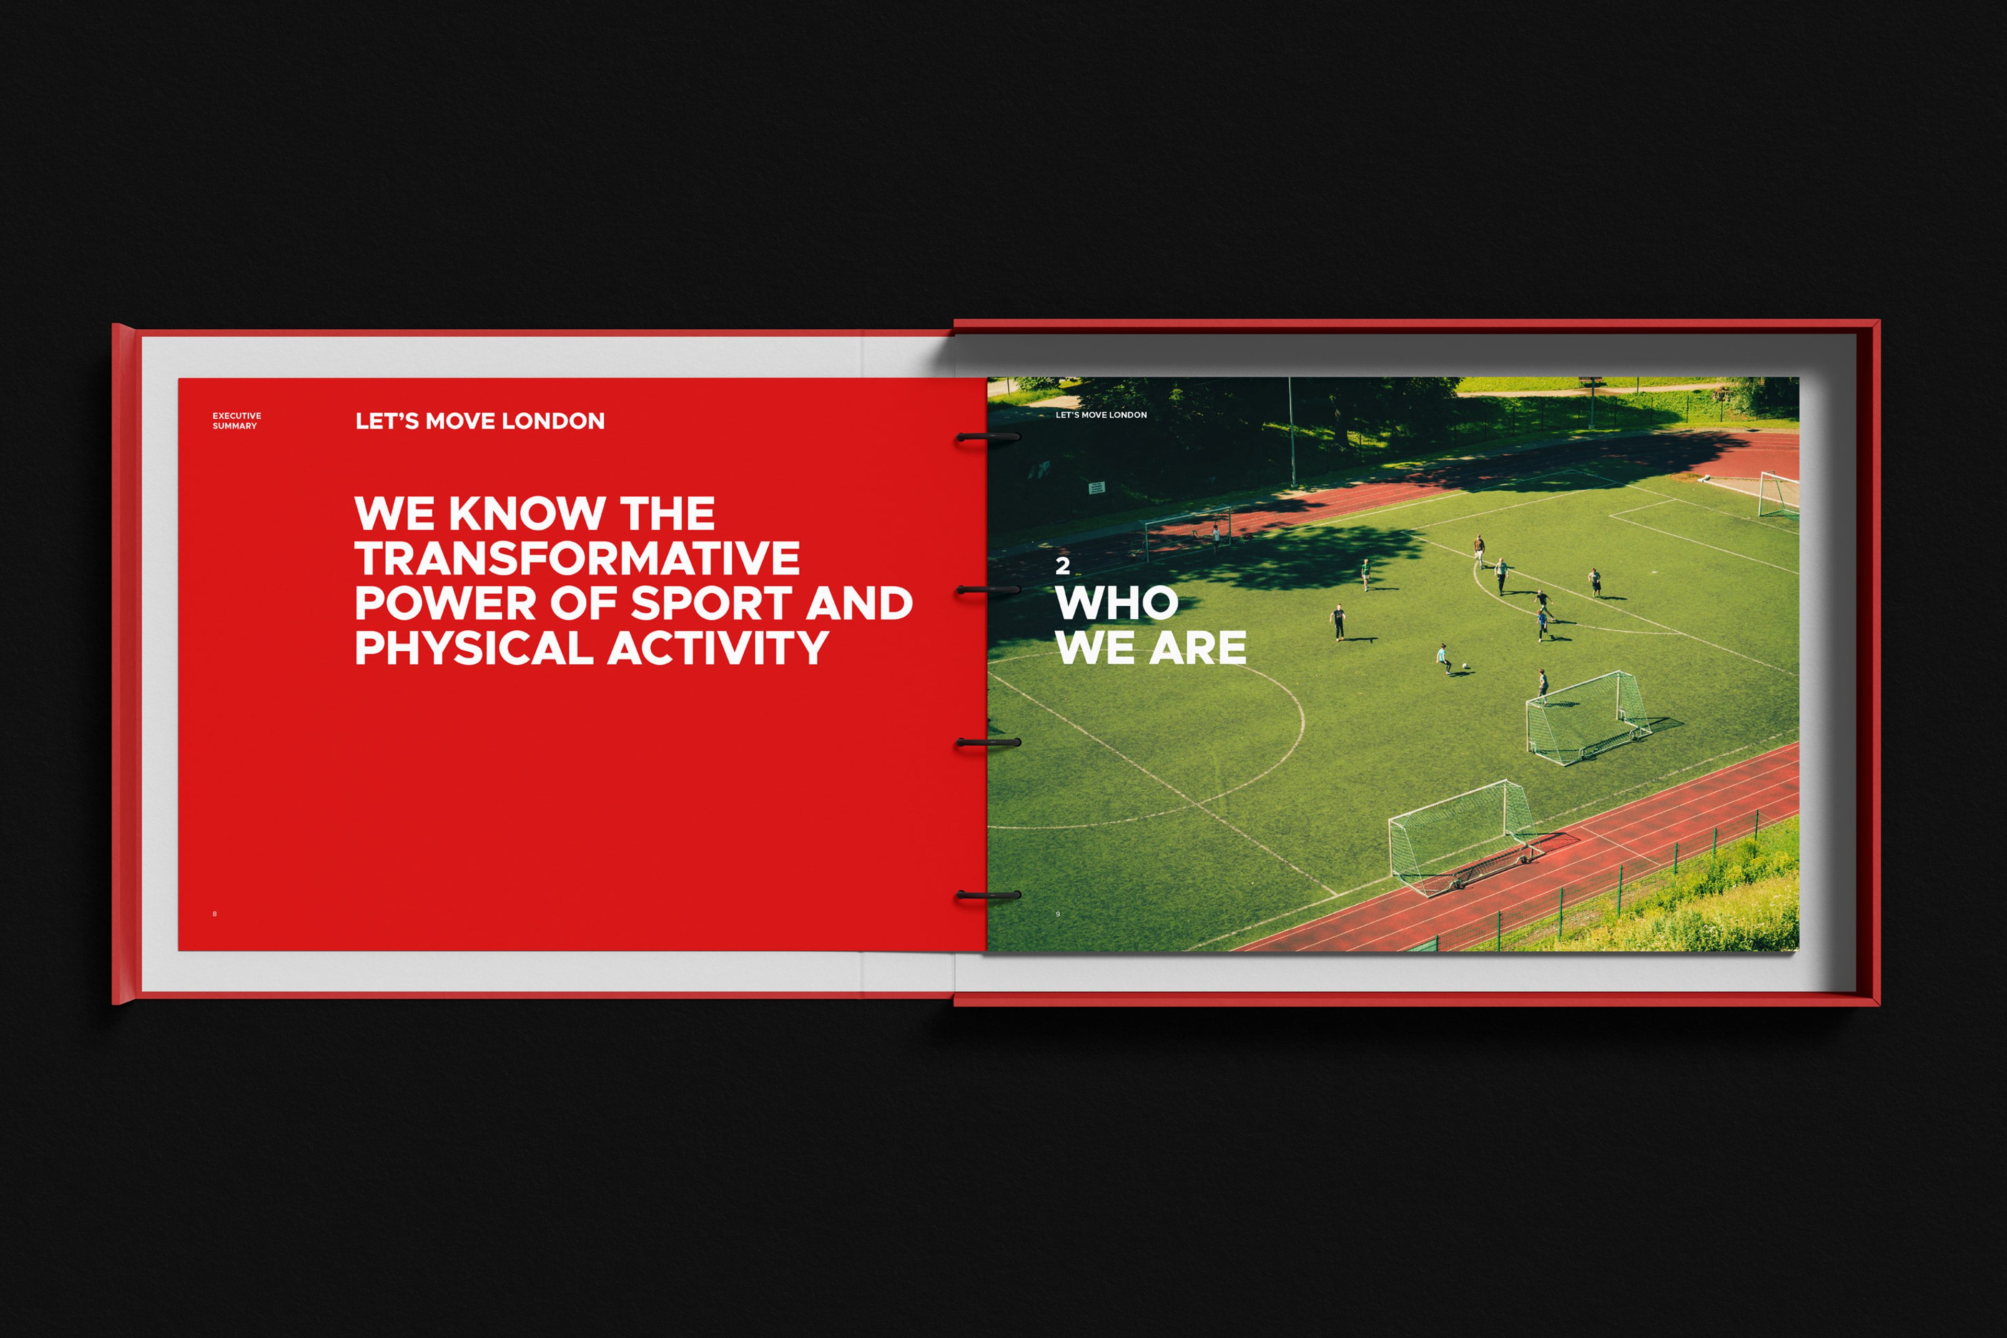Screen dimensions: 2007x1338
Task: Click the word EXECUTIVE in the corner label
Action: [x=237, y=416]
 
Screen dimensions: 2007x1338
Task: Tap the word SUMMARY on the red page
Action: [x=235, y=426]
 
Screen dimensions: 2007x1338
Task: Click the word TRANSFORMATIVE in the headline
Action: [x=577, y=558]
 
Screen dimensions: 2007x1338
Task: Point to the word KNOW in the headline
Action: [x=526, y=514]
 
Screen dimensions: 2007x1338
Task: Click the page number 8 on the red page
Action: [x=214, y=914]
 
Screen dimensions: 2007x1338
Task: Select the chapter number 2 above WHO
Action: [x=1063, y=565]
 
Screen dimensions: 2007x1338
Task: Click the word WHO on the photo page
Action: [x=1117, y=603]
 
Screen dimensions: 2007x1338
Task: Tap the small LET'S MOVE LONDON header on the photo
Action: [x=1101, y=414]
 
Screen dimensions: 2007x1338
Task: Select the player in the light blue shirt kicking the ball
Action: [x=1444, y=659]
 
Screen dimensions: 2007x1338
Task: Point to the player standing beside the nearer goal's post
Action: [x=1543, y=684]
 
